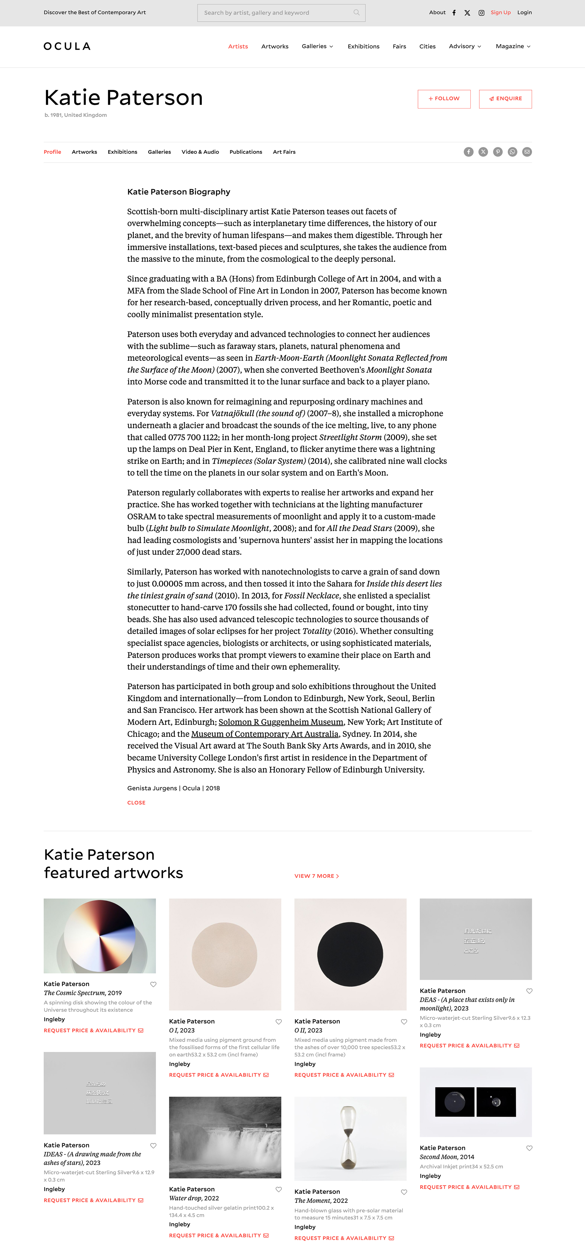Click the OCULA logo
point(67,47)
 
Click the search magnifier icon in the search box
point(356,13)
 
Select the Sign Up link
point(500,13)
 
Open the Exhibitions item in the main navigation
point(363,47)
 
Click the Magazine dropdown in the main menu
point(513,47)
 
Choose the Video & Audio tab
point(200,152)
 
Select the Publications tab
point(246,152)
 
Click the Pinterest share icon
point(498,152)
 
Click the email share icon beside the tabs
point(527,152)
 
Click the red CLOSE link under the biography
point(136,802)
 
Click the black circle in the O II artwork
point(350,954)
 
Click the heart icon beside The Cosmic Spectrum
point(153,984)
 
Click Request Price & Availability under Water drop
point(218,1235)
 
